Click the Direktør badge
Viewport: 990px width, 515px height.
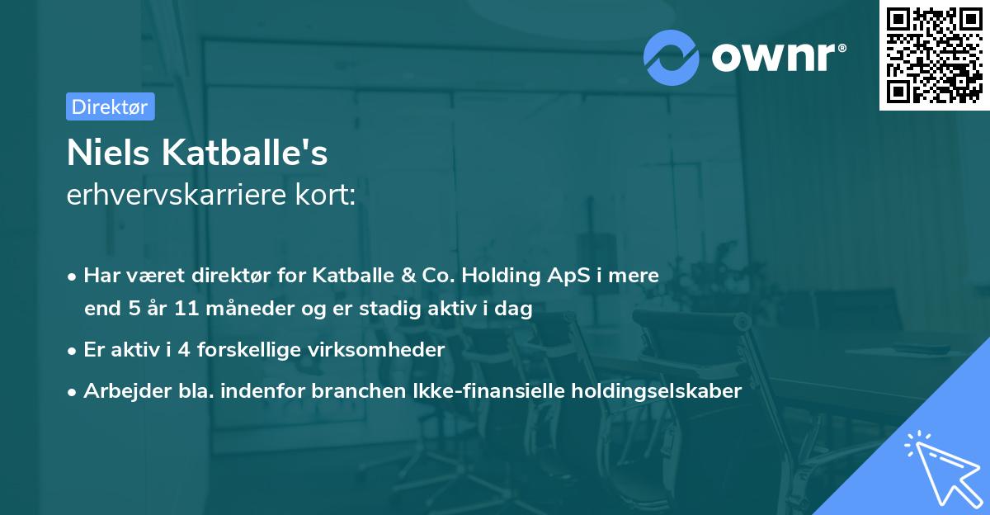pyautogui.click(x=110, y=106)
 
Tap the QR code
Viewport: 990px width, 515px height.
pyautogui.click(x=933, y=54)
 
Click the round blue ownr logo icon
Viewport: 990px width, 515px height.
pyautogui.click(x=672, y=57)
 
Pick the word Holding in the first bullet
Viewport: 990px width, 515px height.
pyautogui.click(x=521, y=276)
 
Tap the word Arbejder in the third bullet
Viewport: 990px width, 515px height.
pyautogui.click(x=120, y=391)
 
